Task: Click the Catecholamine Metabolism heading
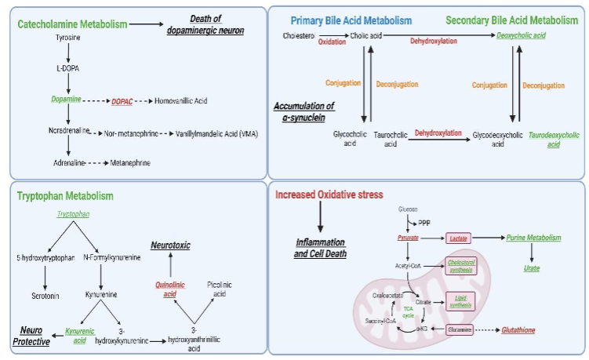68,25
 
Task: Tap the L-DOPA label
69,69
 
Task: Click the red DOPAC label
122,101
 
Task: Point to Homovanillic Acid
183,101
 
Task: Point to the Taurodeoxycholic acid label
540,139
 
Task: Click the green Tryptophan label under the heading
73,213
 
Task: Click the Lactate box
460,237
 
